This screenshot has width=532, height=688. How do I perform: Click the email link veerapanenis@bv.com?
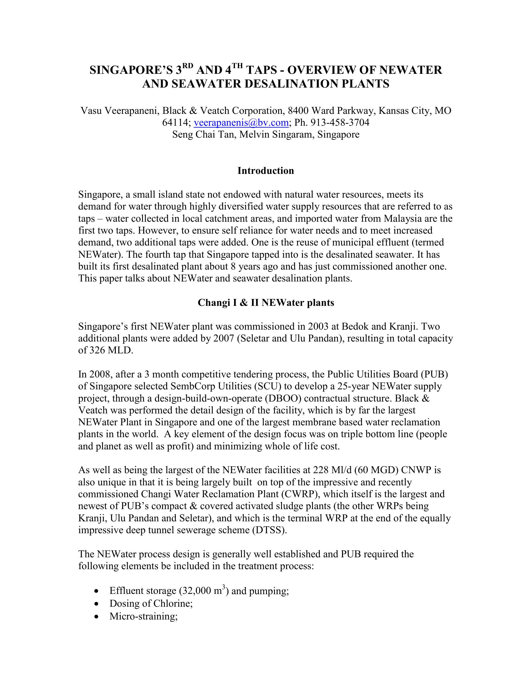tap(241, 123)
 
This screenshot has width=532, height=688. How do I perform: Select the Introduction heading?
tap(266, 171)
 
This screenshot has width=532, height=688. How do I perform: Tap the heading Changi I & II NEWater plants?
tap(266, 303)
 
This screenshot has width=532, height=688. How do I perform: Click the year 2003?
tap(319, 326)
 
